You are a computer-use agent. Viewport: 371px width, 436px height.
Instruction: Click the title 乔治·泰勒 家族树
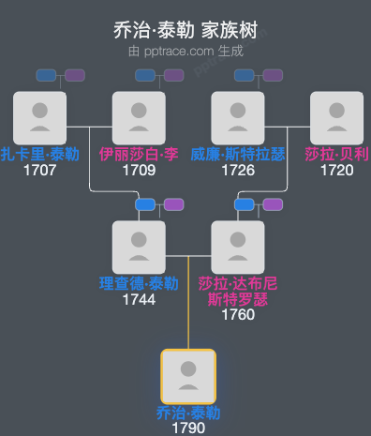(185, 30)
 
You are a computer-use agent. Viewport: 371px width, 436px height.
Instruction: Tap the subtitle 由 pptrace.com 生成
(185, 51)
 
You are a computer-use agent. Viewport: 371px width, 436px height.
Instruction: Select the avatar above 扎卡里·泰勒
(39, 117)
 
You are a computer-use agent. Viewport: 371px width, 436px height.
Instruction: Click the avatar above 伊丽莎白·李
(139, 117)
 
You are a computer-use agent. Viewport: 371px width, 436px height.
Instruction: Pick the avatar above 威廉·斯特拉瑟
(238, 117)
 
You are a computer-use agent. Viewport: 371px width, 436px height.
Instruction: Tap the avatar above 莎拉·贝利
(336, 117)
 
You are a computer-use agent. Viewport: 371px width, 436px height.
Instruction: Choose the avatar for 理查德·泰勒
(139, 247)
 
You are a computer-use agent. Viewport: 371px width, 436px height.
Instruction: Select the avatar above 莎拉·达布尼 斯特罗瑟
(238, 247)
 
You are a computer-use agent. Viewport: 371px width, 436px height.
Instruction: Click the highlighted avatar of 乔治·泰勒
(188, 377)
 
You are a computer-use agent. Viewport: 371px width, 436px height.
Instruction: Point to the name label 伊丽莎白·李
(139, 154)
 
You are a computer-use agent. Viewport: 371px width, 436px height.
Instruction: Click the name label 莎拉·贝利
(336, 154)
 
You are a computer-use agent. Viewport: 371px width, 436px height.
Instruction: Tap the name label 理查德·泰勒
(139, 283)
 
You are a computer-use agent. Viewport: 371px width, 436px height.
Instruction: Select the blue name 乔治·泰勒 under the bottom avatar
(188, 413)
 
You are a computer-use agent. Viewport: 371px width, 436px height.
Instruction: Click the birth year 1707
(39, 170)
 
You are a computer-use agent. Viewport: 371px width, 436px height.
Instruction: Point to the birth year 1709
(139, 170)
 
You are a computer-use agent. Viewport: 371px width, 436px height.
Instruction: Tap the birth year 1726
(238, 170)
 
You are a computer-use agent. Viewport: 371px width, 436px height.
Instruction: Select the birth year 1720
(336, 170)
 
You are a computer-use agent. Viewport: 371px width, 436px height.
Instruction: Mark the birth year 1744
(139, 299)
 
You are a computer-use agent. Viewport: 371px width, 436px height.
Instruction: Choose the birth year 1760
(238, 315)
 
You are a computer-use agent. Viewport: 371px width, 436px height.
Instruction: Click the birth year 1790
(188, 428)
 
